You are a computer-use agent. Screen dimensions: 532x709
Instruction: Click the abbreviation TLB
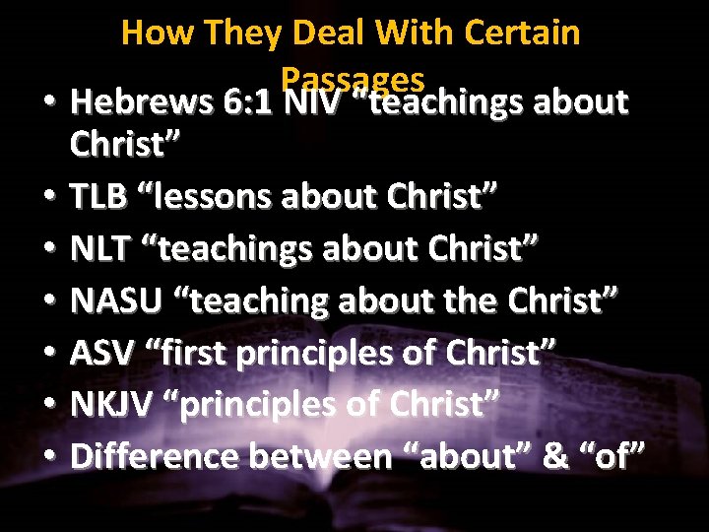pos(98,195)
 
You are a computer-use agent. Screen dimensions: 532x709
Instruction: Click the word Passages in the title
pos(352,78)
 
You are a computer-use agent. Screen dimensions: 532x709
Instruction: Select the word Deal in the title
pos(331,33)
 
